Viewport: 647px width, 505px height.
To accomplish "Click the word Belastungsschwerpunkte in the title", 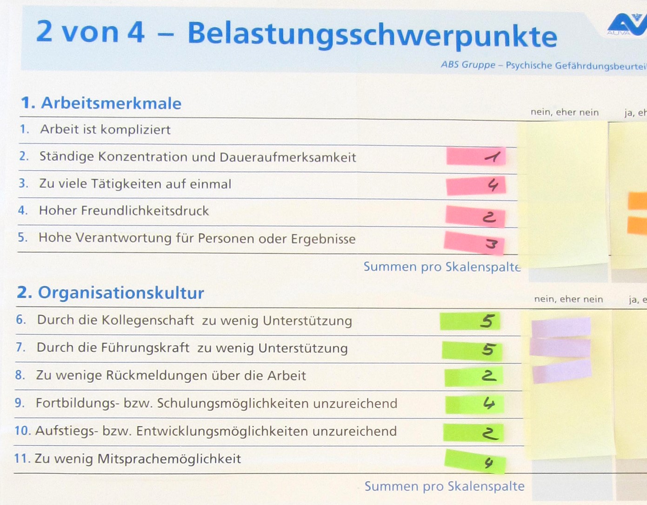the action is pos(372,35).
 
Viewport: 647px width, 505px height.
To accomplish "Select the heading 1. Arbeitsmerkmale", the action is pos(101,103).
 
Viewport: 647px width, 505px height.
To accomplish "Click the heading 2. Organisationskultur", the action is pos(110,293).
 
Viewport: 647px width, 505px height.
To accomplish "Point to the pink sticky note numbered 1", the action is pos(476,156).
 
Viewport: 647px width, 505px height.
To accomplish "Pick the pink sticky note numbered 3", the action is pos(474,243).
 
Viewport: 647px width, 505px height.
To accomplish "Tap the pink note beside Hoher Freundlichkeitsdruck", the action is pos(475,216).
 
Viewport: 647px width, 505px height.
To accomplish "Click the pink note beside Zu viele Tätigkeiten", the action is pos(476,186).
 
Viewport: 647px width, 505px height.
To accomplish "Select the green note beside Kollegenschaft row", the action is pos(470,321).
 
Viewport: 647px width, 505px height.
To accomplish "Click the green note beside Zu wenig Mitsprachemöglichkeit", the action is pos(475,462).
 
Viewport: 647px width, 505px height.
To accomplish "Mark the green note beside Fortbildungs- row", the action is pos(474,405).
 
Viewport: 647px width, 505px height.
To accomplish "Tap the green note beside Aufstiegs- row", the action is pos(474,432).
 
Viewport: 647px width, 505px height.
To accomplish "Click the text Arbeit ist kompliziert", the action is pos(106,130).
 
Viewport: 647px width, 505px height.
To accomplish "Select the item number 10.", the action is pos(23,431).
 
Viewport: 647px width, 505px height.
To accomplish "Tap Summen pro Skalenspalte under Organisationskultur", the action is pos(445,486).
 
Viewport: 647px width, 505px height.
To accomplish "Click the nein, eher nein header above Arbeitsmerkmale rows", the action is pos(565,113).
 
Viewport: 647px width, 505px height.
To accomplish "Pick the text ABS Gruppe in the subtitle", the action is pos(468,65).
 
